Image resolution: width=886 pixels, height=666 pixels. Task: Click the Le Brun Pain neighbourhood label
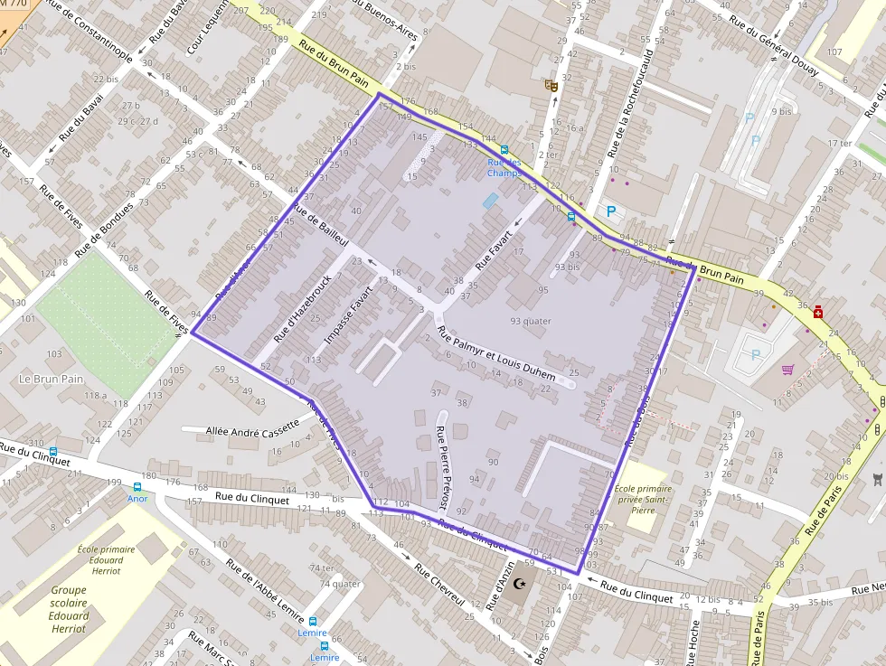point(51,379)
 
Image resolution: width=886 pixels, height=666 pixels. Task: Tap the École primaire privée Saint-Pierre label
point(641,500)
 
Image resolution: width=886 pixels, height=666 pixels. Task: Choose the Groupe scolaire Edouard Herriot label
point(69,609)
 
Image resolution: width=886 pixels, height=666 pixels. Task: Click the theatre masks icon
point(550,86)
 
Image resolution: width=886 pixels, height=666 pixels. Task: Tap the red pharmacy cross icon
point(818,312)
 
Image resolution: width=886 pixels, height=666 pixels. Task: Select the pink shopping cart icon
point(787,370)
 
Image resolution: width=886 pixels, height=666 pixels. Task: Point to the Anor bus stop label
point(137,498)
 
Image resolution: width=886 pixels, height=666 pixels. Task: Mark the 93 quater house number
point(531,321)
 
